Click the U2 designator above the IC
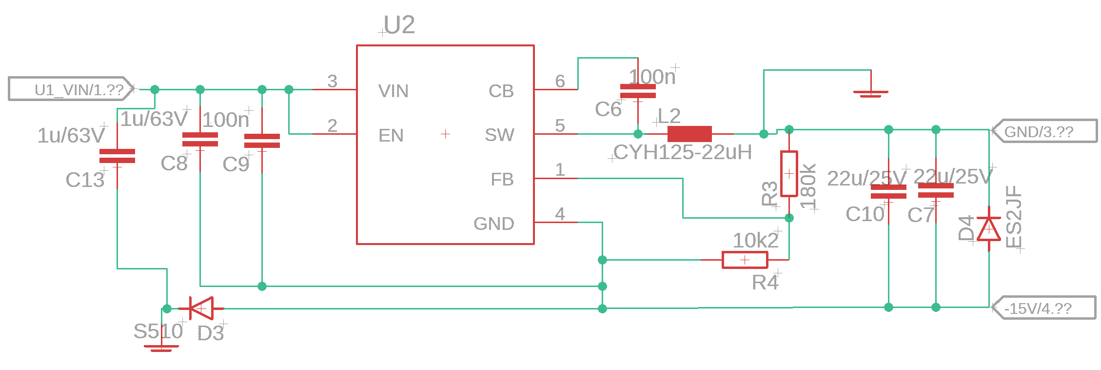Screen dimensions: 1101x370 tap(399, 24)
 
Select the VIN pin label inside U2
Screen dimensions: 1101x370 tap(393, 91)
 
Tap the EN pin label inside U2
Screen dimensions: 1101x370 tap(391, 135)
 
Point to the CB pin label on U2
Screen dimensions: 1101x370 tap(501, 91)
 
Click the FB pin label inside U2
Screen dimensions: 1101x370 tap(502, 180)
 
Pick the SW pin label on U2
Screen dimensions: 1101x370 tap(499, 135)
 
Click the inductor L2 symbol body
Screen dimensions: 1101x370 tap(689, 134)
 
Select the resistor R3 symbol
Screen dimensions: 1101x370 tap(789, 174)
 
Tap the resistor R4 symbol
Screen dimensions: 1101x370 tap(745, 260)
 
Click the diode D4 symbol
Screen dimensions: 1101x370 tap(989, 228)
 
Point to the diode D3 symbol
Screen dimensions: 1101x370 tap(201, 308)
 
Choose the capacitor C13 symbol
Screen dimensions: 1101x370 tap(117, 156)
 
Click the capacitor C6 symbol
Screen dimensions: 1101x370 tap(638, 91)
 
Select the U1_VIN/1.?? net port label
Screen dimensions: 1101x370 tap(71, 90)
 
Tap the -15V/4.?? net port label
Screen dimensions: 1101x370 tap(1044, 308)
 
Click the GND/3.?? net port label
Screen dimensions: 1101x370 tap(1044, 131)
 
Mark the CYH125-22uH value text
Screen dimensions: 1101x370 tap(683, 153)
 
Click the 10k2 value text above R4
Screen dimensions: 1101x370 tap(756, 240)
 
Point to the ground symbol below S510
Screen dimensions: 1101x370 tap(161, 348)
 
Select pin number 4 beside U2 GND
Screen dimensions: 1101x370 tap(560, 214)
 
